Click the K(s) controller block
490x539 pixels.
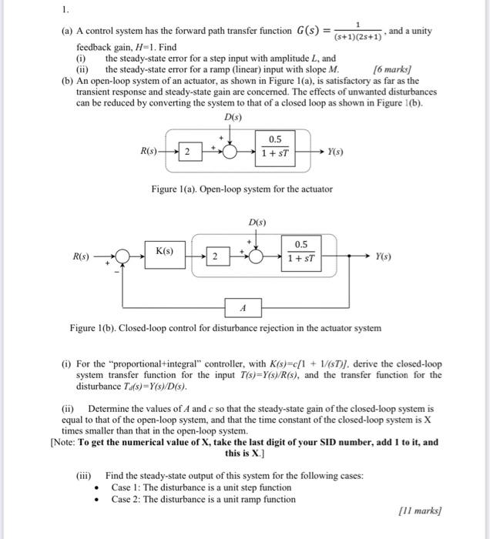165,252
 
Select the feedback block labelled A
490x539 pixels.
243,307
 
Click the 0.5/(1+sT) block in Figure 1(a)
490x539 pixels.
275,146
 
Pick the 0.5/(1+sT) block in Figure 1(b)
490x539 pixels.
302,250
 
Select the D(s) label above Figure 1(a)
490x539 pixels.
232,116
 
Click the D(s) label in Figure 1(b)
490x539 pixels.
257,222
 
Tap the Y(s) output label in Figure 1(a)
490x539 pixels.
337,151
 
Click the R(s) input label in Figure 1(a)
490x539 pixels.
150,151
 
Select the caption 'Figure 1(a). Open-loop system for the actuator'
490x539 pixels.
242,189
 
